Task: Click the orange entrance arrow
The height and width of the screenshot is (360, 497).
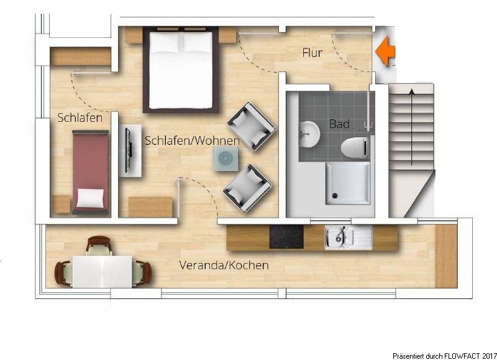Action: click(386, 52)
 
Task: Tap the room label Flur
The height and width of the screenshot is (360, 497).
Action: click(312, 53)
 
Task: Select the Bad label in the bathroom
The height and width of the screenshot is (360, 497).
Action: click(339, 124)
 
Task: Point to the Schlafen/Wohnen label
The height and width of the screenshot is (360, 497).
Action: click(192, 141)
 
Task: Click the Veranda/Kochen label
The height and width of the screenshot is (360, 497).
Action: click(224, 265)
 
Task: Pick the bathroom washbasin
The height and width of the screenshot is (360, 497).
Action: click(309, 132)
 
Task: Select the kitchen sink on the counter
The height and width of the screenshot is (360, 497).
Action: click(340, 236)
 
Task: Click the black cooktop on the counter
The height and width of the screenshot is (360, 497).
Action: click(286, 236)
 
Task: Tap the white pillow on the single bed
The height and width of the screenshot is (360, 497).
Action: click(90, 198)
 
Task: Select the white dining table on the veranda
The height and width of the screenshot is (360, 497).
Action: click(103, 272)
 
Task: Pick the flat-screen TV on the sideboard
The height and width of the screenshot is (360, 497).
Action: click(128, 149)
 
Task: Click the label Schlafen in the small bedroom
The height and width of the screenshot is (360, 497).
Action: click(80, 118)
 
